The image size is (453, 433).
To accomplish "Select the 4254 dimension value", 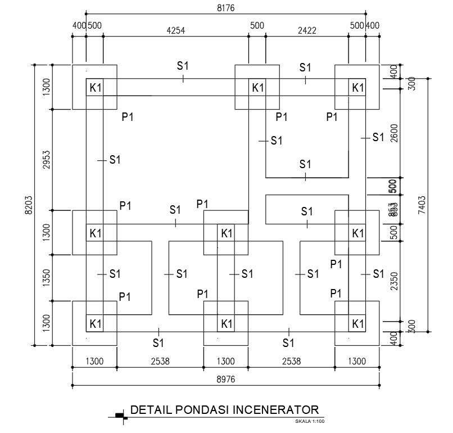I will [x=175, y=31].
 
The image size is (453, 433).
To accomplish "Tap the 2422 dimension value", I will [x=307, y=31].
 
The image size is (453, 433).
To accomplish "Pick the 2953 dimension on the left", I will [x=47, y=160].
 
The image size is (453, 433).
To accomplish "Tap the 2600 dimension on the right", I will [x=394, y=134].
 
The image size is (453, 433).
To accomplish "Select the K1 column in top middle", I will [x=257, y=88].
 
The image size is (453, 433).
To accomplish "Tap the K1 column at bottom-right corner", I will [x=358, y=324].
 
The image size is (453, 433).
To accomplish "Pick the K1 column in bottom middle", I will [x=226, y=324].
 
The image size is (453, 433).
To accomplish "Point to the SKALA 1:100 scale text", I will [x=310, y=421].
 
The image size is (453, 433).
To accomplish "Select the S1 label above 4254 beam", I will [x=183, y=66].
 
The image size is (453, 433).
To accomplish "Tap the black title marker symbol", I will [x=119, y=416].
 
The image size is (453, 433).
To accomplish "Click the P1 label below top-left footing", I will [x=128, y=117].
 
